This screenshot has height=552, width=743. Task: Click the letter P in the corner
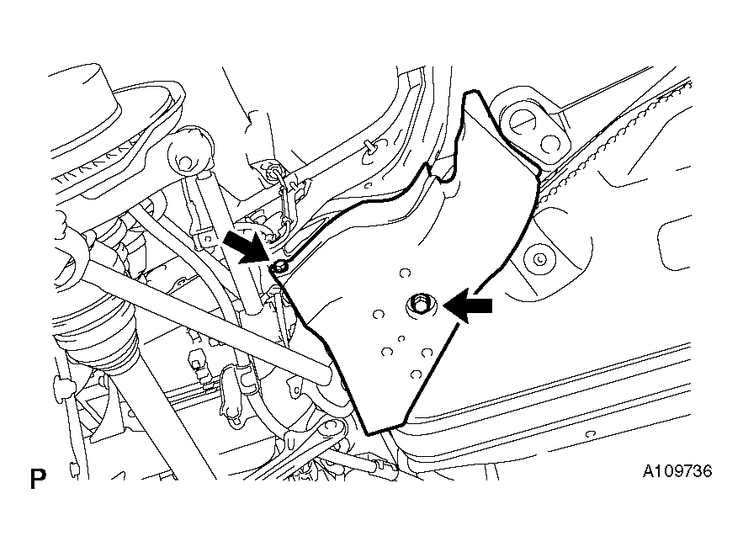(x=38, y=479)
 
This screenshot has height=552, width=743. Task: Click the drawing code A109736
(x=677, y=471)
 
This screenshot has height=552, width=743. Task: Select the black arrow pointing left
(x=468, y=306)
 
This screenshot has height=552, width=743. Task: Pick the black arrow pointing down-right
(x=247, y=246)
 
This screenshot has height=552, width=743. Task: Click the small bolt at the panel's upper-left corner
(x=279, y=268)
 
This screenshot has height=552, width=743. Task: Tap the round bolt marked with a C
(x=539, y=258)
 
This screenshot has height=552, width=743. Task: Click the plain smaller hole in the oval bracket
(x=549, y=142)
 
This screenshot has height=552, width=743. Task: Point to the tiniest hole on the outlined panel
(x=401, y=338)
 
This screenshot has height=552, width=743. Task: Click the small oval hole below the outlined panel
(x=590, y=434)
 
